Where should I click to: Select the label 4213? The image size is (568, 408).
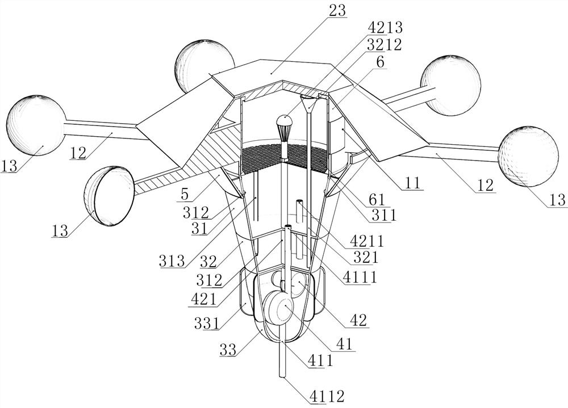point(385,28)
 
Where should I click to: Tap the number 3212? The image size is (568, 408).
point(384,45)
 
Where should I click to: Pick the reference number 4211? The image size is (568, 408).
point(366,241)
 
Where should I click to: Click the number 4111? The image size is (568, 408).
point(360,277)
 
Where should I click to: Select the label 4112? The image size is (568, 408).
point(327,397)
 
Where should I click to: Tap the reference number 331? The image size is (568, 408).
point(207,323)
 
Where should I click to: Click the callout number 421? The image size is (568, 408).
point(203,300)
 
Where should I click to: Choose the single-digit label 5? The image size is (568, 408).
point(185,195)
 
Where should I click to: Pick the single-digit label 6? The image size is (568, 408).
point(381,62)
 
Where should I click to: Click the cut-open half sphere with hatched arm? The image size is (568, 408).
point(108,196)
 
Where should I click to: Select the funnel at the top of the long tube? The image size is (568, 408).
point(309,104)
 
